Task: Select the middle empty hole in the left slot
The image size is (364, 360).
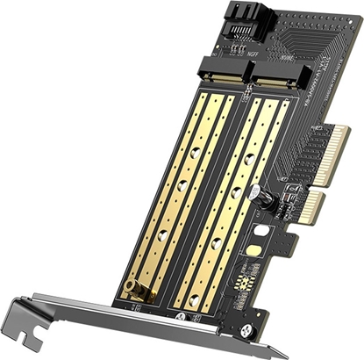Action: coord(179,186)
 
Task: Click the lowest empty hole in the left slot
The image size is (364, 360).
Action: coord(161,232)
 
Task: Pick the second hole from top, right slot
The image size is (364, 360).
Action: coord(236,192)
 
